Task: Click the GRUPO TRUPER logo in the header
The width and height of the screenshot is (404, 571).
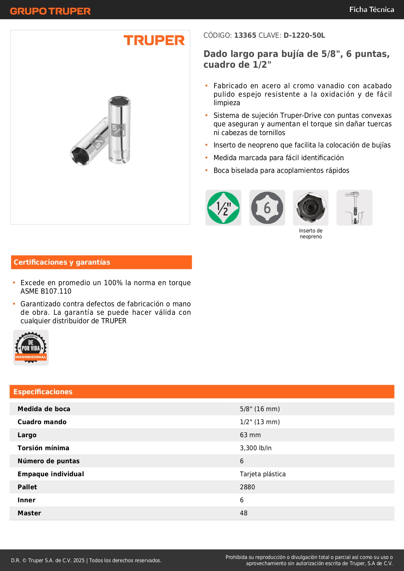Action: (50, 11)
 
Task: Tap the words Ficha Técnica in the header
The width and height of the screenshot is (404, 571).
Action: (371, 9)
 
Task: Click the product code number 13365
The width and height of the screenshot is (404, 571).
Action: (245, 35)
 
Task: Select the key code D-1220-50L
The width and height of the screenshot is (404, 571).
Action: (304, 35)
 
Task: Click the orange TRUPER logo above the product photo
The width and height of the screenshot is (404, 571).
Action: (154, 40)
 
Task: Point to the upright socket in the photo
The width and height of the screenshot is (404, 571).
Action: (119, 130)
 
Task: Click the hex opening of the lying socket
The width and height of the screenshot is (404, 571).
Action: (80, 155)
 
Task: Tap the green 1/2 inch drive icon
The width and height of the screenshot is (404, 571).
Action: (223, 208)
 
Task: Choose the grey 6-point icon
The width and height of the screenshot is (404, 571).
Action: (267, 208)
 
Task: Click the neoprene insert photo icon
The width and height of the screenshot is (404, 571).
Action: (311, 208)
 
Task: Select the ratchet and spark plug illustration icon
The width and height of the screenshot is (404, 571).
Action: (354, 208)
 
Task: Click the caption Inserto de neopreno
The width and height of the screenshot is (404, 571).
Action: (311, 234)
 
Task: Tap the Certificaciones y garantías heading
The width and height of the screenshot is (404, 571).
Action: (62, 262)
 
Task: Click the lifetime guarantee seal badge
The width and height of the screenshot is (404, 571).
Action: (31, 348)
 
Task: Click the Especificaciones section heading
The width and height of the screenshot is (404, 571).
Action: (43, 392)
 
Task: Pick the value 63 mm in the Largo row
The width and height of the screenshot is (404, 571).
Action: (250, 435)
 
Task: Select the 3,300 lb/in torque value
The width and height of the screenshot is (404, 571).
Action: (256, 448)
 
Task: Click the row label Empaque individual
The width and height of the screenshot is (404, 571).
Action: (51, 474)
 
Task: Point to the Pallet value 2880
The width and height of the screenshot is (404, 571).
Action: (247, 487)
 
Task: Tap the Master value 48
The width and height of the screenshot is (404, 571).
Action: (244, 513)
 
